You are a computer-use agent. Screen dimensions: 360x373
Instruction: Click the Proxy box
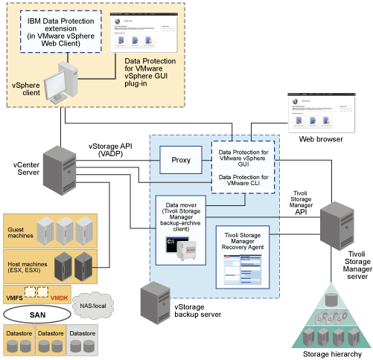[x=181, y=160]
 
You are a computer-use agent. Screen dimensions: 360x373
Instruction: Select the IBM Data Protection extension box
[x=62, y=32]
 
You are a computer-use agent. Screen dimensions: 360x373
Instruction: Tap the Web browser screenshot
[x=320, y=112]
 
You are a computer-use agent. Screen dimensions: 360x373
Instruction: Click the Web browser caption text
[x=321, y=138]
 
